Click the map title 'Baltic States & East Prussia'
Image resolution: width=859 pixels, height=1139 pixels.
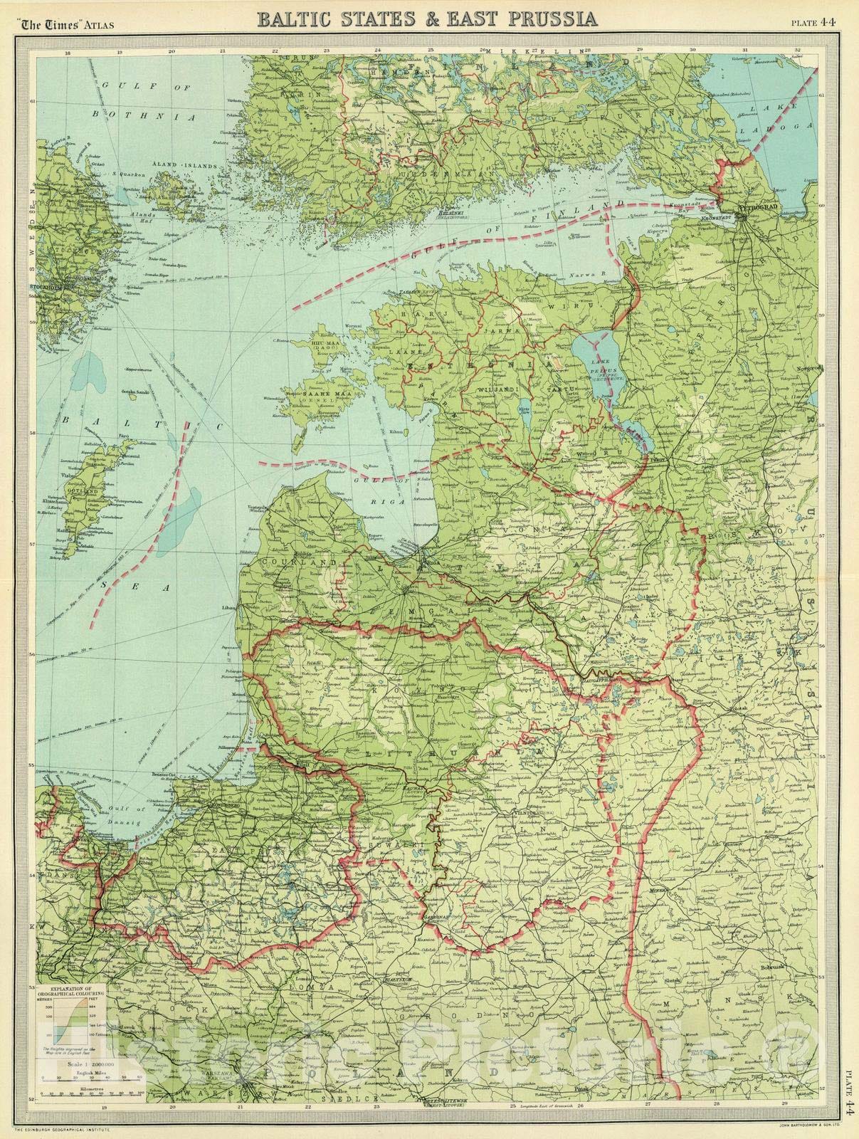tap(428, 19)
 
